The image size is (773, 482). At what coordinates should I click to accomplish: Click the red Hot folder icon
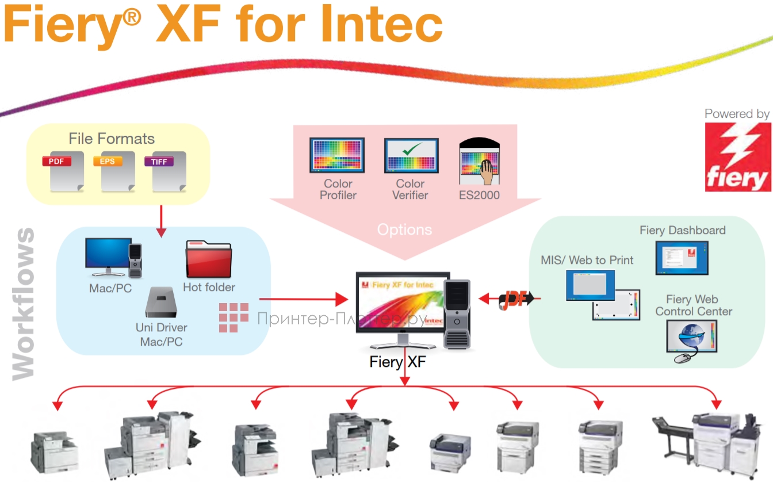(x=209, y=259)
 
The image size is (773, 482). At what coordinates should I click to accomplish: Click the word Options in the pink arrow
(x=404, y=229)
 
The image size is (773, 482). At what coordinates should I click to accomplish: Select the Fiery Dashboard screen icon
(x=682, y=258)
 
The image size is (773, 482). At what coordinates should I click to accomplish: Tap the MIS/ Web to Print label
(x=587, y=260)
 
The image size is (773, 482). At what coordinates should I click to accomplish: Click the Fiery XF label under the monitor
(x=397, y=362)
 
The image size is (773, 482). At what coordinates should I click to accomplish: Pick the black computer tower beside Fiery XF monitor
(x=457, y=313)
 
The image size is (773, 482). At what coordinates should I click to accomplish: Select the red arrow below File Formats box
(x=162, y=221)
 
